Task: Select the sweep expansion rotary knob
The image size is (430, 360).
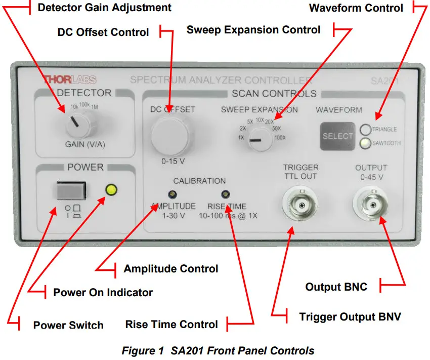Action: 259,138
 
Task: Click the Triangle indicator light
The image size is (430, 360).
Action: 365,129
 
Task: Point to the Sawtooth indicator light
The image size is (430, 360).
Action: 365,143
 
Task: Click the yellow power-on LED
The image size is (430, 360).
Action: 111,190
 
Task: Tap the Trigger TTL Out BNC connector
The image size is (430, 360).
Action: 301,205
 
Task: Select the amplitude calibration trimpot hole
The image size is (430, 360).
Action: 173,194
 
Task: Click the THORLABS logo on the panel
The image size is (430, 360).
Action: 69,79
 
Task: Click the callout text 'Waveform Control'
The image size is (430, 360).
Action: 356,8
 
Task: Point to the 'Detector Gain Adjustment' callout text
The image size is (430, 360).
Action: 105,7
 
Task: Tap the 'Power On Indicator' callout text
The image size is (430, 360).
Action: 103,292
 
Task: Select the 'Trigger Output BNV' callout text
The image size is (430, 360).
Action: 350,317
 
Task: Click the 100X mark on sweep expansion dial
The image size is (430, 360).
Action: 280,138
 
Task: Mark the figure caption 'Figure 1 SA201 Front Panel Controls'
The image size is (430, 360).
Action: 218,350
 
